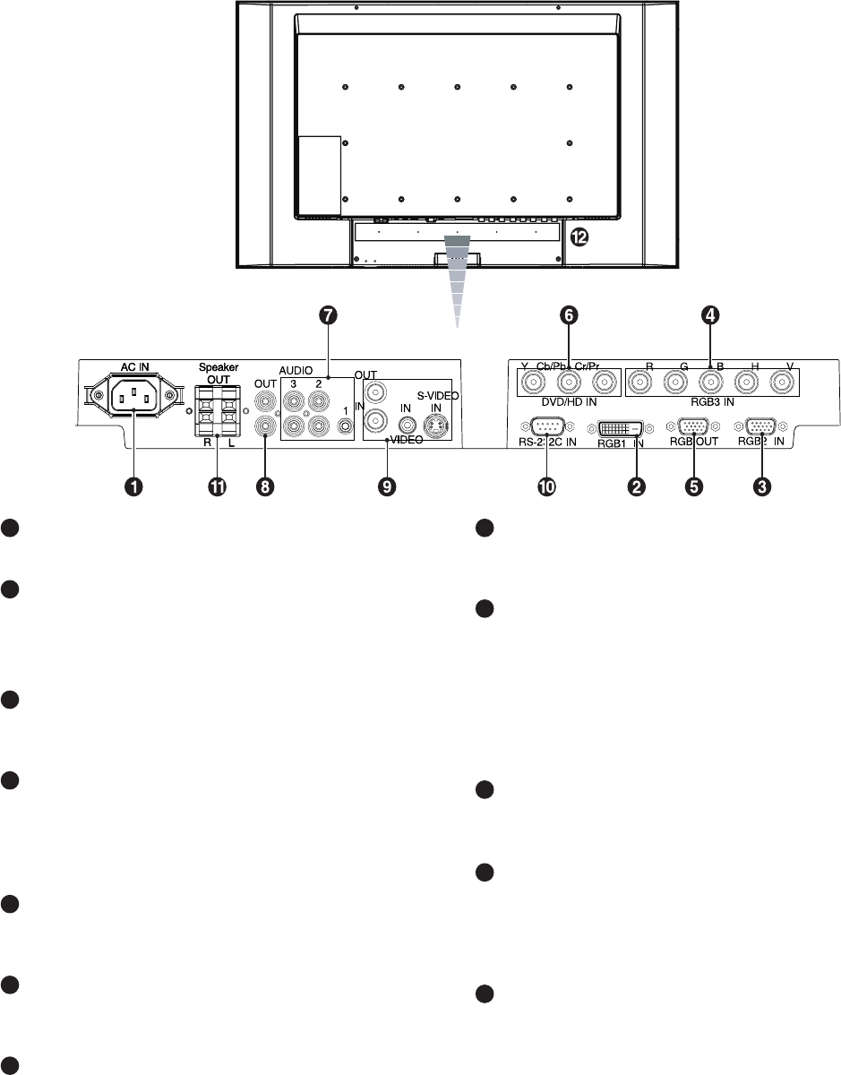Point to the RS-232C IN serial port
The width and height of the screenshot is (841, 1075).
point(546,427)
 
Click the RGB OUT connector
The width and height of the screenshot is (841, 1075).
point(691,427)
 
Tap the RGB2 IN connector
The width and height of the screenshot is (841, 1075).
point(761,427)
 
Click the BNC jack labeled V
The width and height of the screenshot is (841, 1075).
point(782,386)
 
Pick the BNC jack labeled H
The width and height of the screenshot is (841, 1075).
point(746,386)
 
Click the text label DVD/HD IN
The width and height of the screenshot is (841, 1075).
point(569,404)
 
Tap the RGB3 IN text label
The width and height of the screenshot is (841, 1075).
point(712,404)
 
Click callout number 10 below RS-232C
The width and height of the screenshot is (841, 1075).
point(546,486)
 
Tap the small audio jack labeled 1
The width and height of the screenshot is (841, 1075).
point(344,427)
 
